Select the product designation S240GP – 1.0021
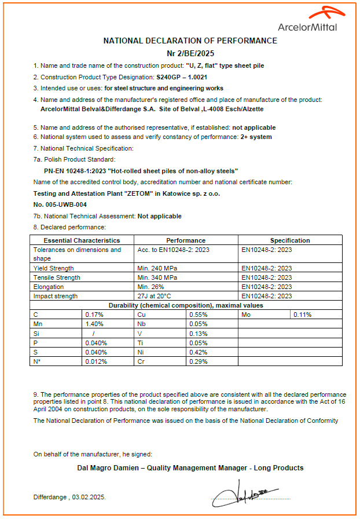pos(190,77)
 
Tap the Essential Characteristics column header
pos(82,240)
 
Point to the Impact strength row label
pos(56,296)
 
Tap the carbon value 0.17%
pos(94,315)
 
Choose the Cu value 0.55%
pos(197,315)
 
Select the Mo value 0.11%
pos(302,315)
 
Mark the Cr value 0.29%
pos(197,361)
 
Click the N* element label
pos(38,361)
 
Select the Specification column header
pos(290,240)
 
